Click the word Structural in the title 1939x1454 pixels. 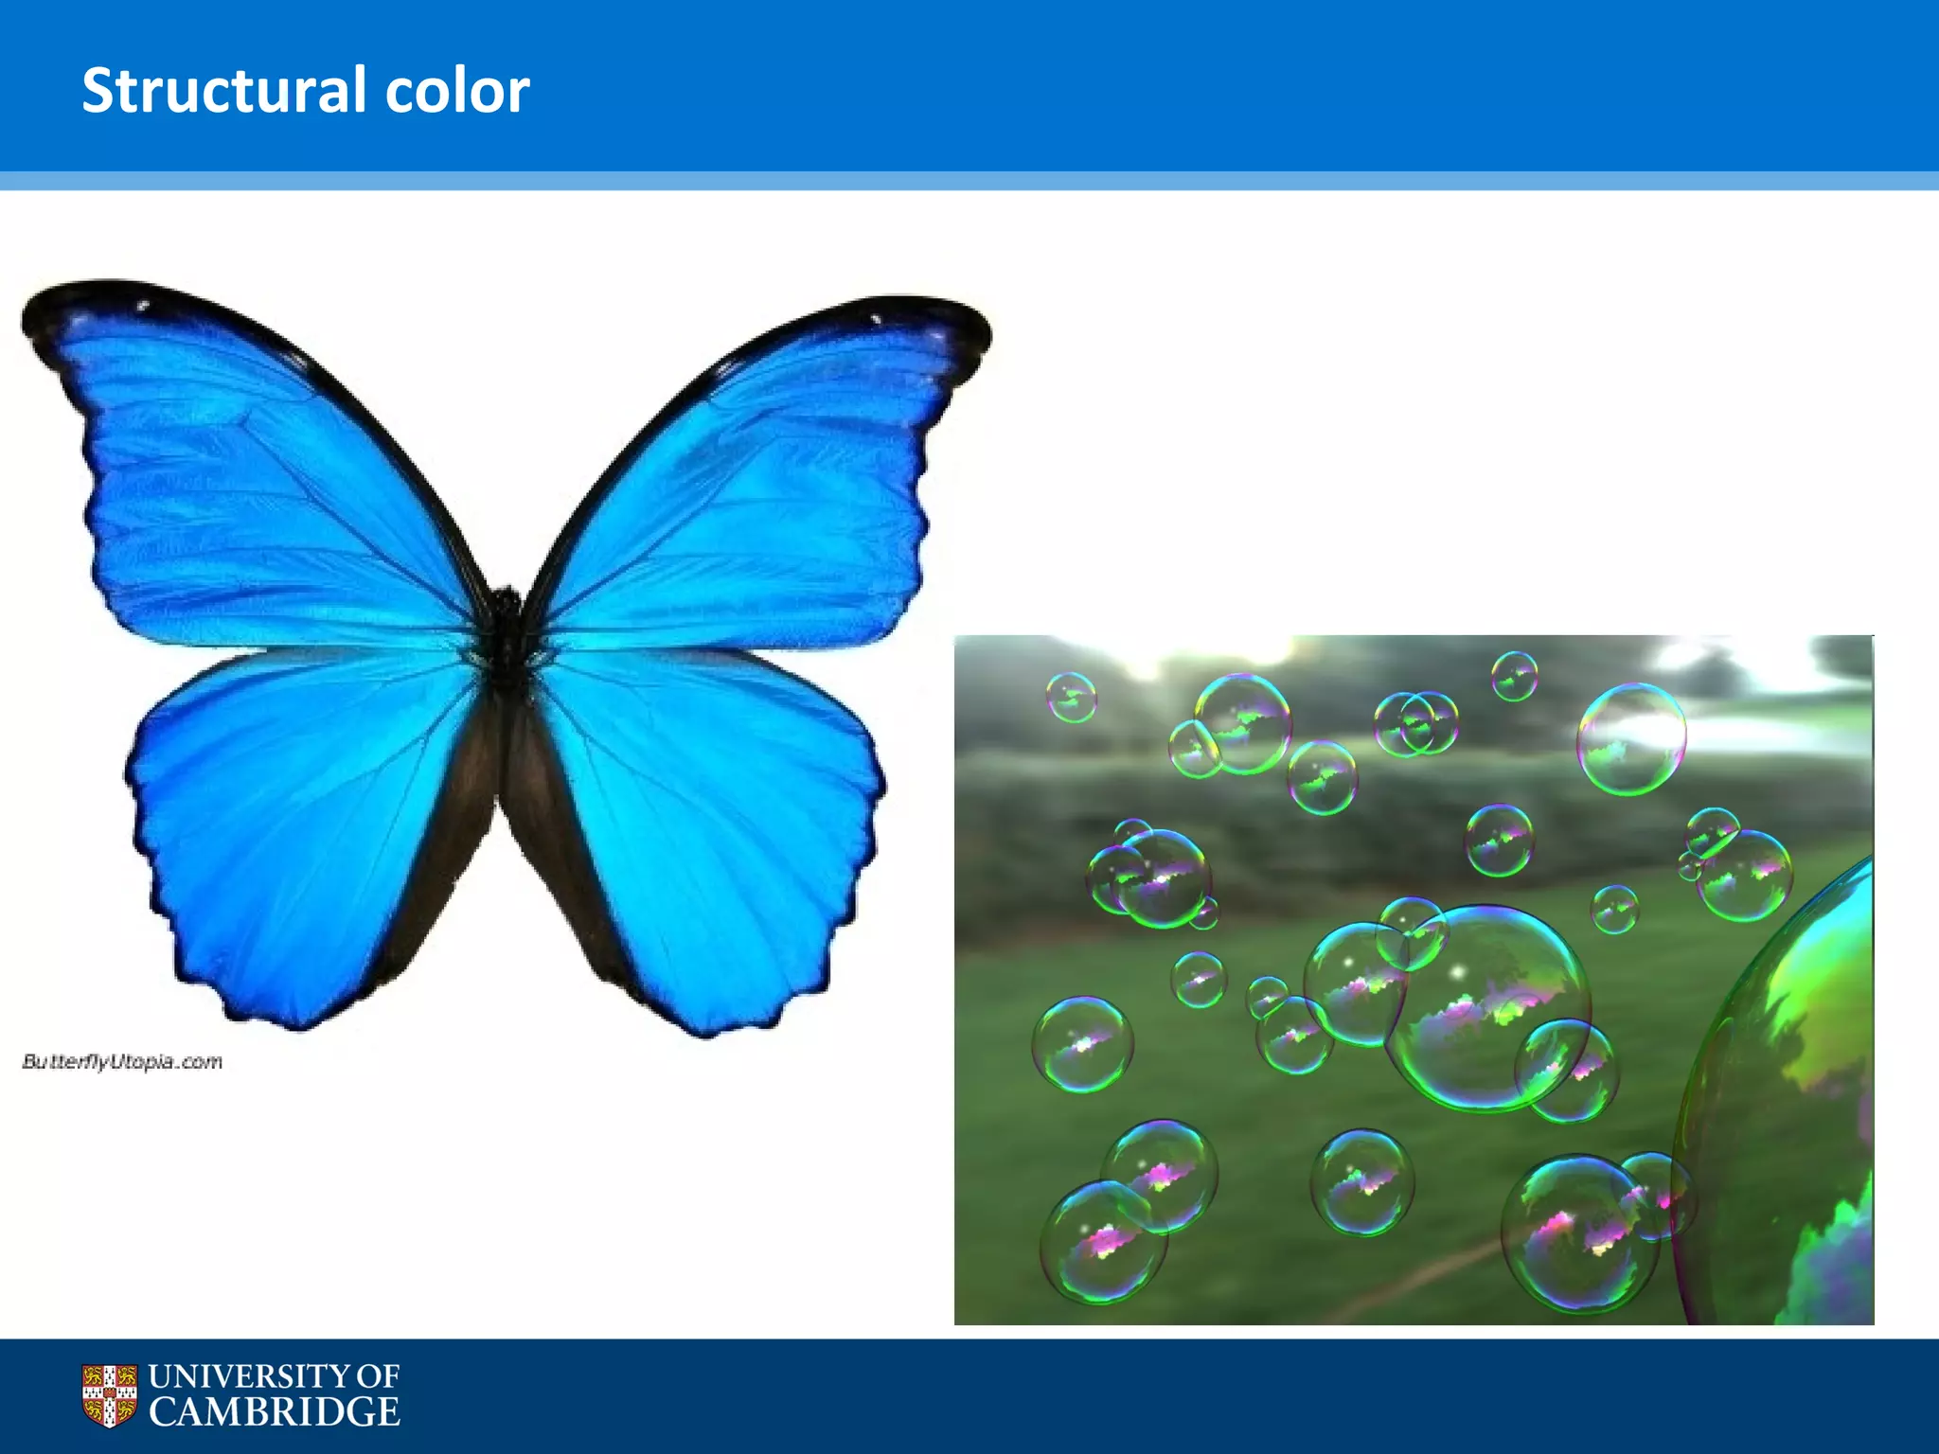tap(223, 91)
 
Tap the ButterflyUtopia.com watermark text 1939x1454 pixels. tap(122, 1062)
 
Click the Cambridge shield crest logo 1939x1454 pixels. tap(109, 1395)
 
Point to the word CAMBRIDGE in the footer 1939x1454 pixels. tap(275, 1412)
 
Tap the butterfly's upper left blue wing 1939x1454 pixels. tap(265, 492)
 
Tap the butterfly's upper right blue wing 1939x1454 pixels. tap(748, 502)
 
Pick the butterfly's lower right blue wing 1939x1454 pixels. tap(720, 833)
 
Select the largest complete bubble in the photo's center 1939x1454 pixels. tap(1486, 1008)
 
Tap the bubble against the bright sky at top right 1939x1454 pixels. tap(1630, 738)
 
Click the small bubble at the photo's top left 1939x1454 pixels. tap(1071, 698)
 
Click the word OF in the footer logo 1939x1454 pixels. tap(379, 1376)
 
